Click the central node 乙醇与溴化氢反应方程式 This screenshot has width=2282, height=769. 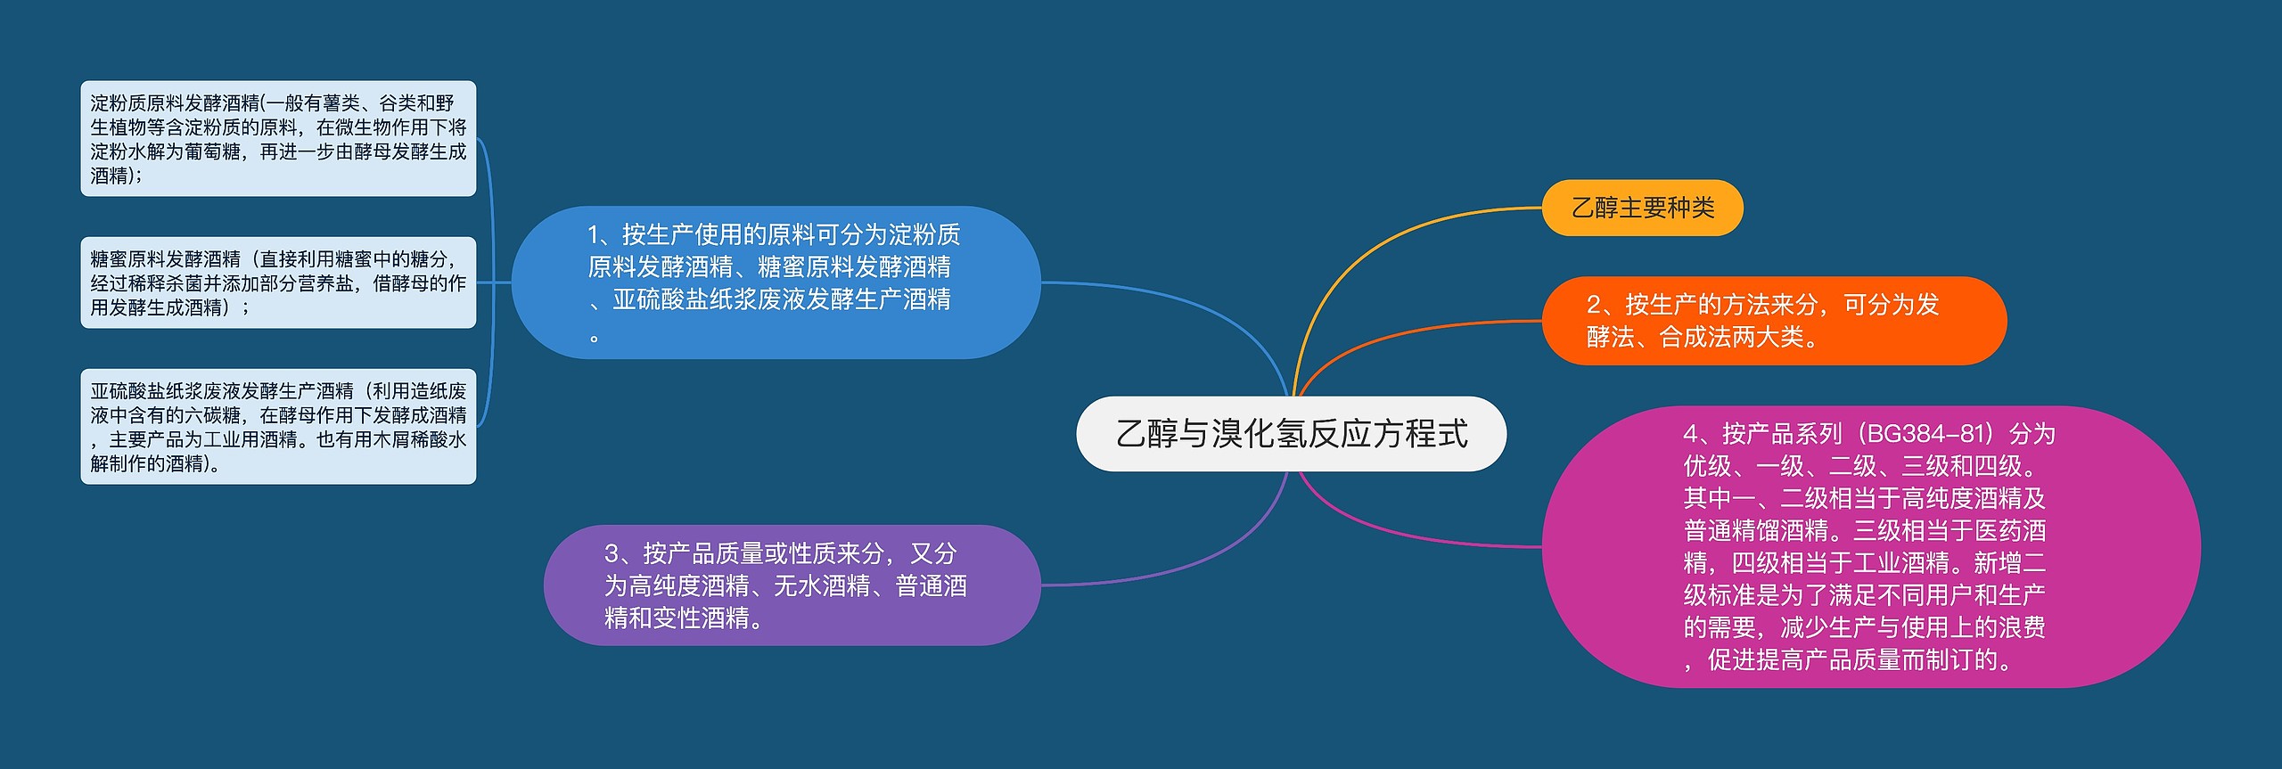pos(1291,434)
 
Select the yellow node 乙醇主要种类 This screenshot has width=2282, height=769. pos(1642,208)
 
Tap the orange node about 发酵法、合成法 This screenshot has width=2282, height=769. pos(1774,321)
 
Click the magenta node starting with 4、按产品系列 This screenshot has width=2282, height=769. pos(1870,546)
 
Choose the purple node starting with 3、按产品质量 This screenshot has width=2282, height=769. pos(792,585)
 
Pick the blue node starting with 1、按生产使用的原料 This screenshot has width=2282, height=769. pos(776,282)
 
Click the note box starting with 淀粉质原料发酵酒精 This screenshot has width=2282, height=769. pos(278,139)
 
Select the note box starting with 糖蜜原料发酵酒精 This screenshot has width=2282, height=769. pos(278,282)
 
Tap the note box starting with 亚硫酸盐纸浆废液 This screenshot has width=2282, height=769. pos(278,427)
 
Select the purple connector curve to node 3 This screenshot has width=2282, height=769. pos(1194,561)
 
